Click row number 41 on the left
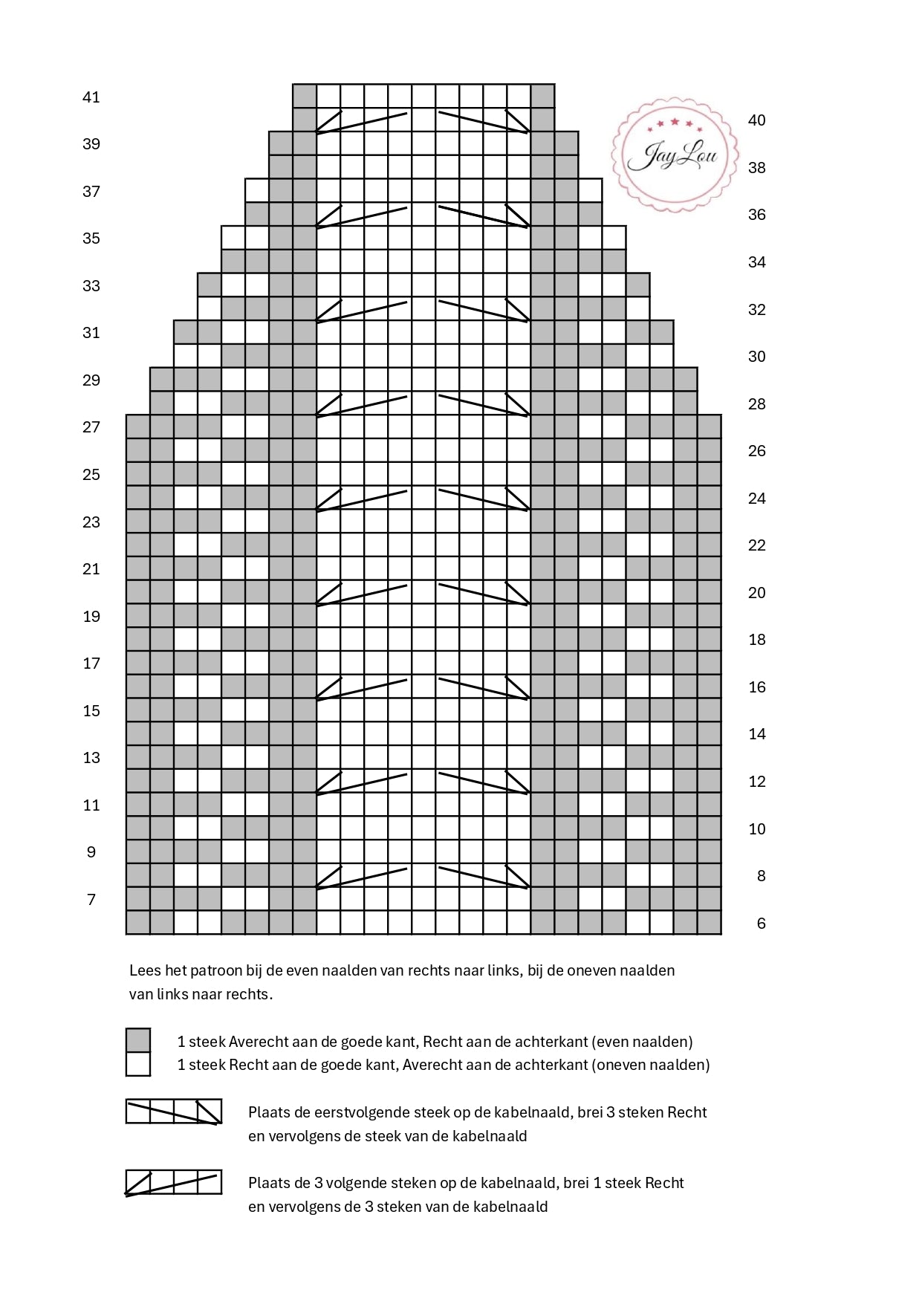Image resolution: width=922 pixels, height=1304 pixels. click(91, 97)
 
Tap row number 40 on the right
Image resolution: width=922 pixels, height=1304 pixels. click(756, 120)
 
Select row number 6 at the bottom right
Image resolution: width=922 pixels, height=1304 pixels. click(761, 924)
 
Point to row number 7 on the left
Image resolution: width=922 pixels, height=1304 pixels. click(91, 900)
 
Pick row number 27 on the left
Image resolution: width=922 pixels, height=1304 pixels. click(91, 427)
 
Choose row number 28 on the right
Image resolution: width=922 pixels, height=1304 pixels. click(756, 404)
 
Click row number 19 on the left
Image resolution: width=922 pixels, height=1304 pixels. click(91, 617)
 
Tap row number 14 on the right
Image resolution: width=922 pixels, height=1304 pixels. click(756, 734)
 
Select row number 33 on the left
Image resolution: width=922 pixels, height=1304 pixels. click(91, 286)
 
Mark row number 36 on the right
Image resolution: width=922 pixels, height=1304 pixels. click(756, 215)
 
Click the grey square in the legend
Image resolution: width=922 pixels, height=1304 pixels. click(138, 1040)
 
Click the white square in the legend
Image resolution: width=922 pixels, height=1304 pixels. click(138, 1064)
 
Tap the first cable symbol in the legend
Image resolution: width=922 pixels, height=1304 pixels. click(174, 1111)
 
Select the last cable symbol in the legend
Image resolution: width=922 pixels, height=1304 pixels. click(174, 1182)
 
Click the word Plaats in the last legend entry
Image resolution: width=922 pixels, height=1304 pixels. click(270, 1183)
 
